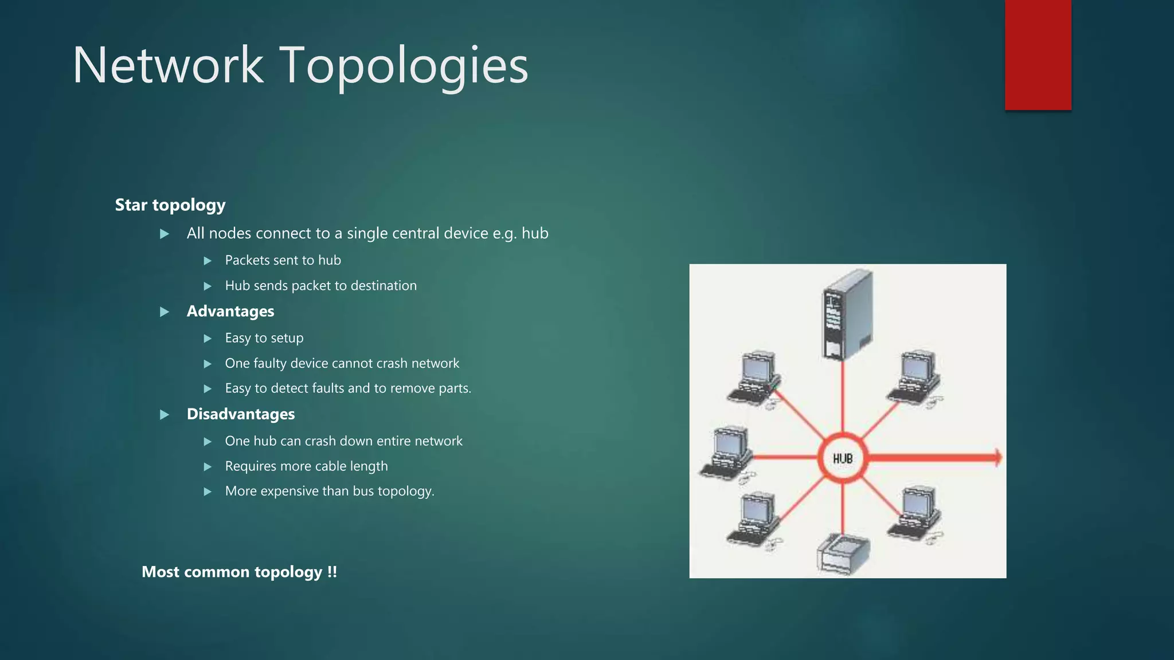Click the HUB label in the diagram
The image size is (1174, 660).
tap(843, 458)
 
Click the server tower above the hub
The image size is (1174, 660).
tap(847, 314)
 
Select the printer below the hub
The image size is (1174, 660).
tap(843, 554)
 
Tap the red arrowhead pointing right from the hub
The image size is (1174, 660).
tap(996, 457)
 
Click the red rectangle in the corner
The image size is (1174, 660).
tap(1038, 54)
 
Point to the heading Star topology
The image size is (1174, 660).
tap(170, 205)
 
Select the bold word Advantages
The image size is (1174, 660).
tap(230, 311)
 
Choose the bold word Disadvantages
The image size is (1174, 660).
tap(241, 414)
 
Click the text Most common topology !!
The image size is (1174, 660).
tap(239, 572)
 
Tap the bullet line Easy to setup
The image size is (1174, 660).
tap(264, 338)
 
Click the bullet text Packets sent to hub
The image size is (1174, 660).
tap(283, 260)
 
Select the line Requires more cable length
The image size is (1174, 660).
tap(307, 466)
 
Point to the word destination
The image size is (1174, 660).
tap(383, 285)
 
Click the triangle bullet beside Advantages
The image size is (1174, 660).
tap(165, 312)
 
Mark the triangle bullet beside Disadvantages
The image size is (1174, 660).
tap(165, 415)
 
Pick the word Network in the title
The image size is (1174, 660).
tap(168, 66)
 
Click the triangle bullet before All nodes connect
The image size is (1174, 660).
tap(165, 234)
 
